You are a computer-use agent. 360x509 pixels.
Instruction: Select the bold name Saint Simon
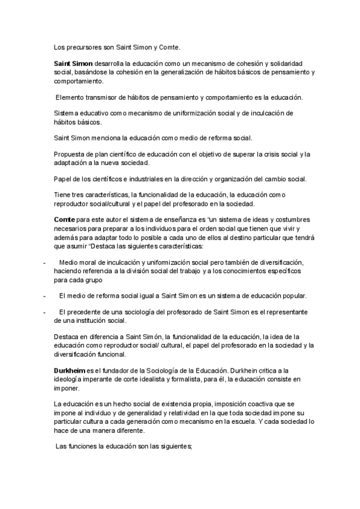pyautogui.click(x=73, y=63)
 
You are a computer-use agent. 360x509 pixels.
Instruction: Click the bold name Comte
pyautogui.click(x=65, y=221)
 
